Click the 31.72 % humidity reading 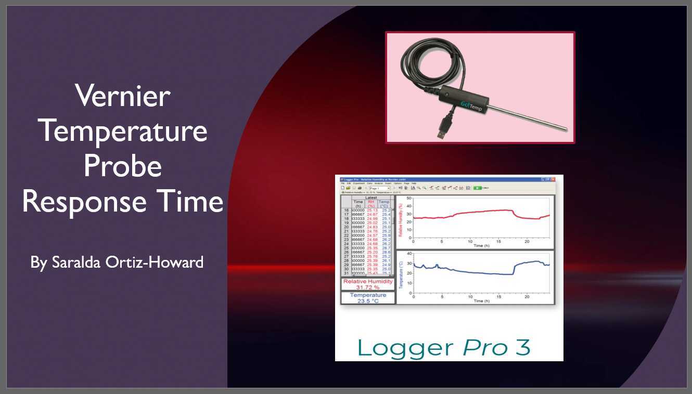(368, 287)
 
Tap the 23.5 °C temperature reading (368, 301)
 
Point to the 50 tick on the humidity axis (408, 198)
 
